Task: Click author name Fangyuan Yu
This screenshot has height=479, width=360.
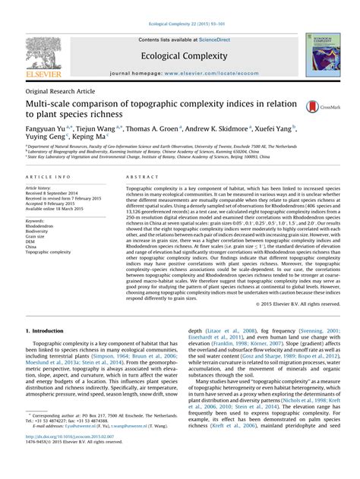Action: pos(49,129)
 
